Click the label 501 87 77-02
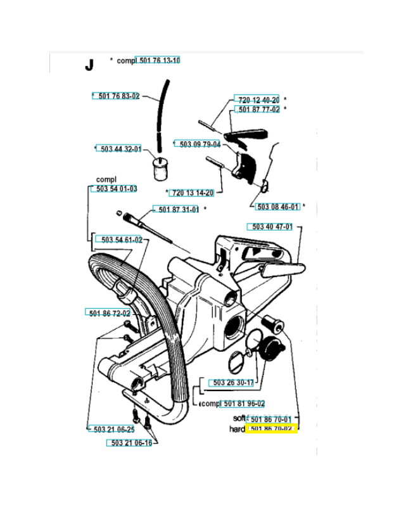(258, 110)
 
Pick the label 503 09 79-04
(200, 144)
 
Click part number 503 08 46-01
(278, 207)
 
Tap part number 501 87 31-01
(178, 210)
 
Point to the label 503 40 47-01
(272, 227)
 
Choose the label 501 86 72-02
(108, 312)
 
